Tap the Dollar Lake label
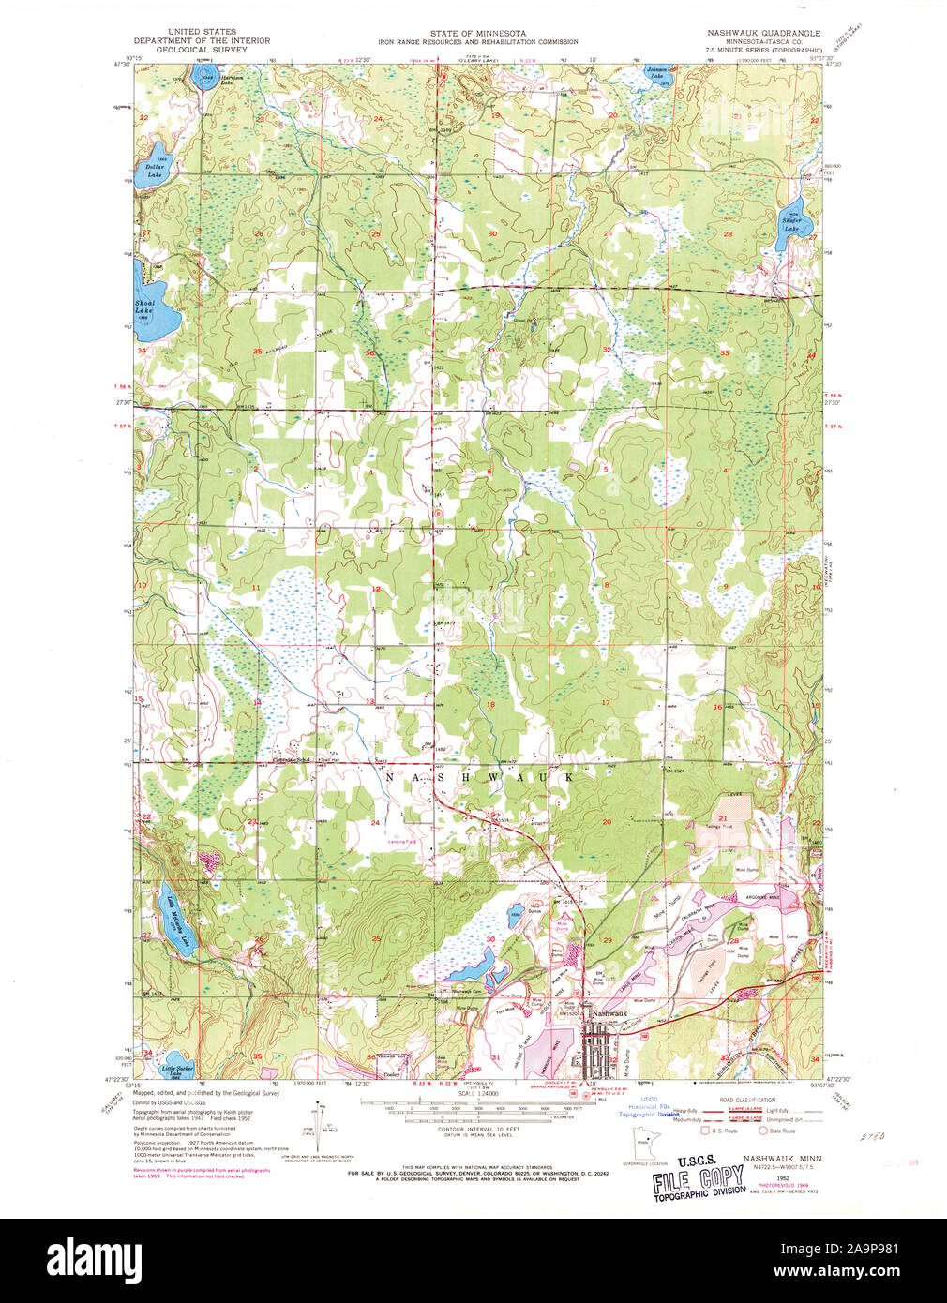coord(154,172)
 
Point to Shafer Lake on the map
coord(793,225)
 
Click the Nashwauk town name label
coord(608,1013)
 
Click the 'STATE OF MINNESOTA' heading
coord(477,33)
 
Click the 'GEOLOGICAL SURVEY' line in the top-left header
coord(202,50)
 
